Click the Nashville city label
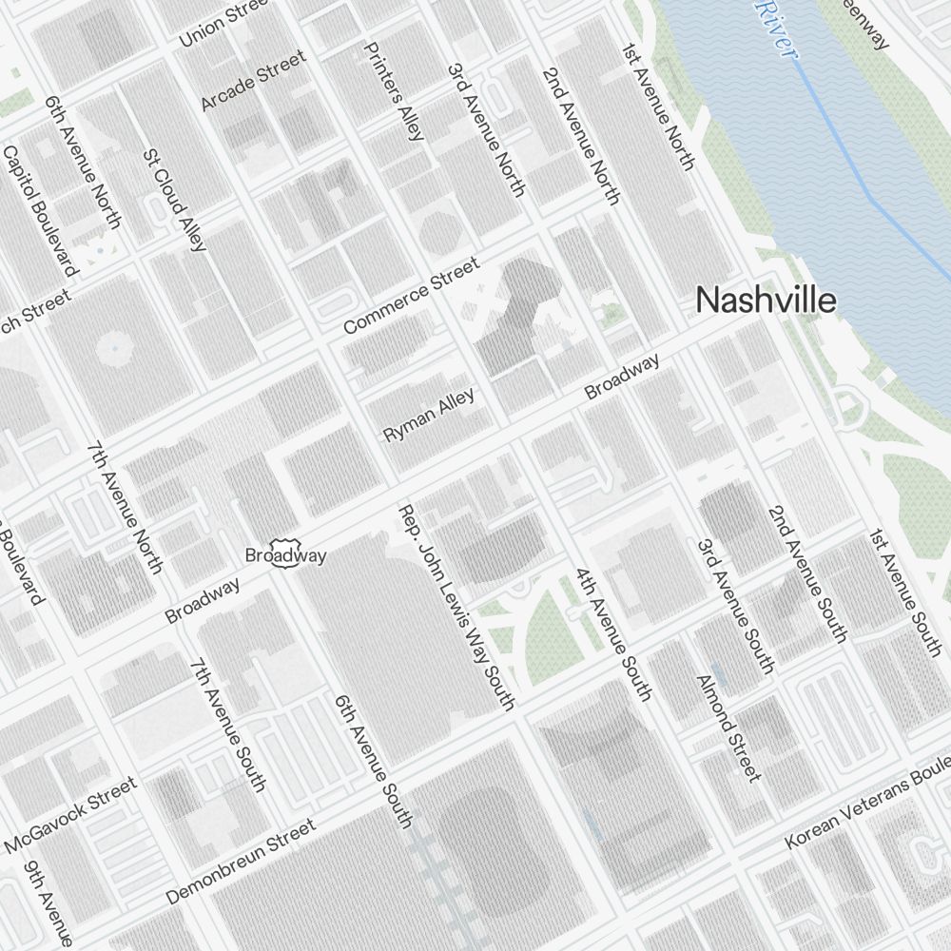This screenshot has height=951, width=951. click(766, 301)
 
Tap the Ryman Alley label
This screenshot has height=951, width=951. click(428, 415)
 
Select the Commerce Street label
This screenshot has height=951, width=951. click(411, 296)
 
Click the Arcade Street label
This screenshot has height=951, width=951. click(254, 80)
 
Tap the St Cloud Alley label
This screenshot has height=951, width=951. click(174, 199)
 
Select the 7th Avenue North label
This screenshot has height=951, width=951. click(124, 507)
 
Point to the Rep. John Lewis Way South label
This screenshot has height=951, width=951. click(456, 608)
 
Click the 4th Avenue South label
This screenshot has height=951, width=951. click(612, 634)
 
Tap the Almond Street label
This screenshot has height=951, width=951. click(729, 728)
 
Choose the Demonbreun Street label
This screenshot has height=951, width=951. click(241, 863)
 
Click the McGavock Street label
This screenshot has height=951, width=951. click(71, 815)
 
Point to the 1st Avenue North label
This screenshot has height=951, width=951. click(656, 106)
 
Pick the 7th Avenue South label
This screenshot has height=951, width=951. click(227, 724)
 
